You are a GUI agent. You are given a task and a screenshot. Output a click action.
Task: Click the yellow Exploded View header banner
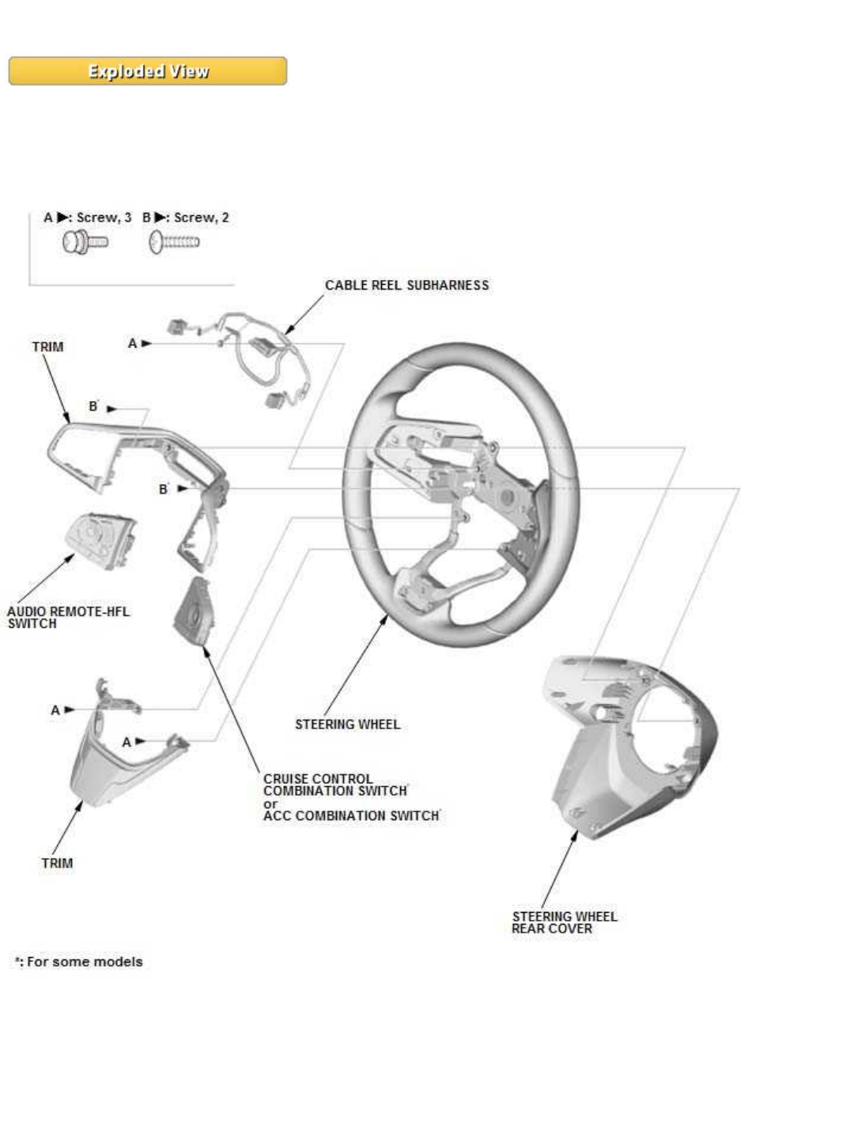coord(147,71)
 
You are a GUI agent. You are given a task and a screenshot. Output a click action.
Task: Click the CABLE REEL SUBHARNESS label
coord(406,286)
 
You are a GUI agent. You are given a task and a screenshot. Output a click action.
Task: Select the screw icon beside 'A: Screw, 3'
coord(85,242)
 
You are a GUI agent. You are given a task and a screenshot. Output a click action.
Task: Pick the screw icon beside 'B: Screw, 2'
coord(174,242)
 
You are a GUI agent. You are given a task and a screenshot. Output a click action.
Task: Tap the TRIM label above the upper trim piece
coord(47,347)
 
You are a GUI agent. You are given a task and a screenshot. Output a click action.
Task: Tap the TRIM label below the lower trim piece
coord(57,863)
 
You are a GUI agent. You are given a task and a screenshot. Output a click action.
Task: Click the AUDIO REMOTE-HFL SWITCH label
coord(67,617)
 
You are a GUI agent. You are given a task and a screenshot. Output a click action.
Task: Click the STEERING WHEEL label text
coord(347,725)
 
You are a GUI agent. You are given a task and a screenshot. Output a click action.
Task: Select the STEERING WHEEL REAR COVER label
coord(563,922)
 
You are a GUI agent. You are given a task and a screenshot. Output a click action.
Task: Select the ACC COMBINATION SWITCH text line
coord(351,815)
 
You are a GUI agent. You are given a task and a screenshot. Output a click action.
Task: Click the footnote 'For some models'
coord(79,962)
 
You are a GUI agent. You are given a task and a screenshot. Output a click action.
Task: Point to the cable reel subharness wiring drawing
coord(253,356)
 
